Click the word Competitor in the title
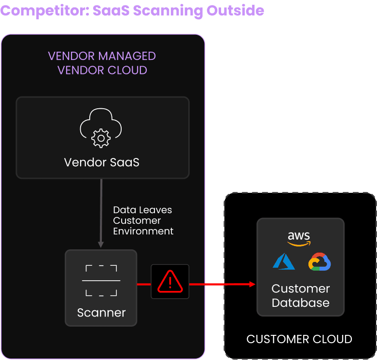click(45, 11)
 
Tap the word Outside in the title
click(235, 10)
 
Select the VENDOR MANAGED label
click(102, 56)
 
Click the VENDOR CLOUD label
click(102, 70)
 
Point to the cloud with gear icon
click(101, 128)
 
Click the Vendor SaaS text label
click(102, 162)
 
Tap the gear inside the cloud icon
click(101, 138)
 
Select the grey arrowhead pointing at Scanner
click(101, 245)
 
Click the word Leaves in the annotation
click(158, 210)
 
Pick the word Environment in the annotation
click(143, 231)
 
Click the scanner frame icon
click(101, 281)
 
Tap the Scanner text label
click(101, 313)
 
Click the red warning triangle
click(170, 282)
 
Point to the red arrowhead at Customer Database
click(252, 284)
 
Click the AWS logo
click(299, 239)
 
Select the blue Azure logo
click(284, 261)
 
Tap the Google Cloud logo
click(320, 261)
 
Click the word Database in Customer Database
click(301, 302)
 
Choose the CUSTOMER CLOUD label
click(299, 339)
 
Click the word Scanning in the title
click(168, 11)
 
